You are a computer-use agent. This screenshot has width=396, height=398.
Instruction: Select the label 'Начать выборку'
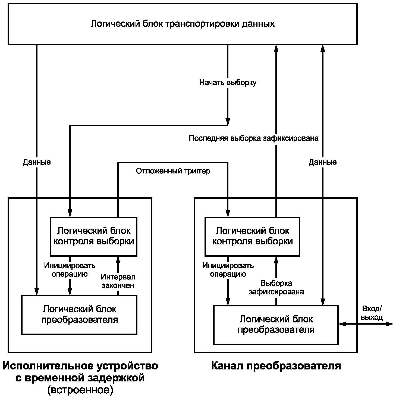228,83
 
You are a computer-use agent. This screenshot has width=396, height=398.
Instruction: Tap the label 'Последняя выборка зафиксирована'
254,138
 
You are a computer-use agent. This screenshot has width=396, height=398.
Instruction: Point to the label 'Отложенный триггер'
173,171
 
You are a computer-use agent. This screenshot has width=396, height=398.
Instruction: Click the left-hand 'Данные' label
37,162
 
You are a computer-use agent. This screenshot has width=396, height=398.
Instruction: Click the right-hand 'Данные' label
323,162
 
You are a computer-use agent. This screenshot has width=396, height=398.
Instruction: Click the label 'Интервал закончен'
118,281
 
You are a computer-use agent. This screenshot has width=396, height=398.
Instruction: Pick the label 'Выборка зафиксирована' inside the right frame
276,287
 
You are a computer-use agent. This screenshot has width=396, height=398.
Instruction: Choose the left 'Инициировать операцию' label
70,270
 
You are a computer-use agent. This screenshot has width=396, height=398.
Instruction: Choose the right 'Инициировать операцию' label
228,270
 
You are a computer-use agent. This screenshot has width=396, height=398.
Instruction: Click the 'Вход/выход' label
372,313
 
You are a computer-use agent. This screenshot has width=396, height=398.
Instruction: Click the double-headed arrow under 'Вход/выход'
366,324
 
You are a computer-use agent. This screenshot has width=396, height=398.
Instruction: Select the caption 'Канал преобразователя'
276,366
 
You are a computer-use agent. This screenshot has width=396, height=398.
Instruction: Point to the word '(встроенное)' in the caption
80,390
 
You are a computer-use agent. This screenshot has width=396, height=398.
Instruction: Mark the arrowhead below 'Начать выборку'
228,122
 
